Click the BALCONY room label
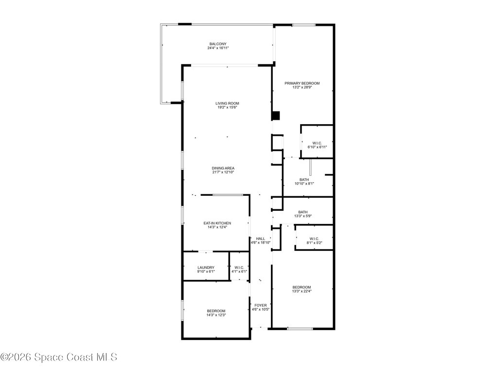pyautogui.click(x=218, y=44)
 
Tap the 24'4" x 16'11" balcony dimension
pyautogui.click(x=218, y=48)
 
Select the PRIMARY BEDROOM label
pyautogui.click(x=302, y=83)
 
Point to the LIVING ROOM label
pyautogui.click(x=228, y=103)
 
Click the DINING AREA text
pyautogui.click(x=223, y=168)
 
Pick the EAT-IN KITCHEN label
pyautogui.click(x=217, y=223)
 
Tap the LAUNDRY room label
pyautogui.click(x=206, y=267)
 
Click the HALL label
pyautogui.click(x=261, y=238)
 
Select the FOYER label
pyautogui.click(x=261, y=305)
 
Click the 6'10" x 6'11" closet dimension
pyautogui.click(x=317, y=147)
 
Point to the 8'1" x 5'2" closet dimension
pyautogui.click(x=314, y=243)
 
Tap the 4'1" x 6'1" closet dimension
pyautogui.click(x=239, y=271)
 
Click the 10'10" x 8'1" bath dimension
pyautogui.click(x=304, y=184)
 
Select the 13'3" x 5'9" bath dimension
pyautogui.click(x=303, y=216)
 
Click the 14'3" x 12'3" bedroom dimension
pyautogui.click(x=216, y=315)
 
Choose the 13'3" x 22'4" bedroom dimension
pyautogui.click(x=302, y=291)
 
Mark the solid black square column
pyautogui.click(x=276, y=116)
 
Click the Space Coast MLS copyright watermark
pyautogui.click(x=58, y=357)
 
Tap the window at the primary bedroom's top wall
pyautogui.click(x=303, y=25)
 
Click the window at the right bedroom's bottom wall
pyautogui.click(x=300, y=328)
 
